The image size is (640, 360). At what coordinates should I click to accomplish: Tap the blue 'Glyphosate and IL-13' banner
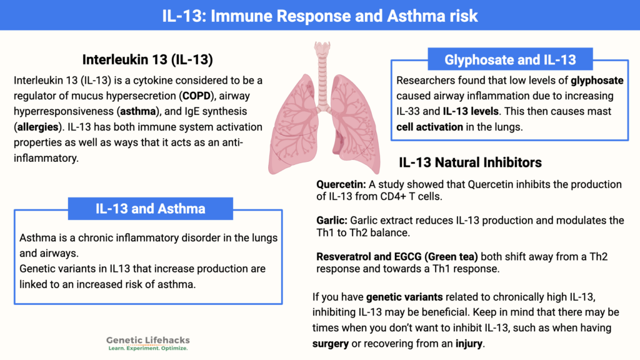509,60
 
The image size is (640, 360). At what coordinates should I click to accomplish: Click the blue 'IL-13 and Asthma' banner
150,208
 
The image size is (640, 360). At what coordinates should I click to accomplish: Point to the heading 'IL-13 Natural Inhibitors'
470,162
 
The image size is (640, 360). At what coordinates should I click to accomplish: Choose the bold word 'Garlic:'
332,220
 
